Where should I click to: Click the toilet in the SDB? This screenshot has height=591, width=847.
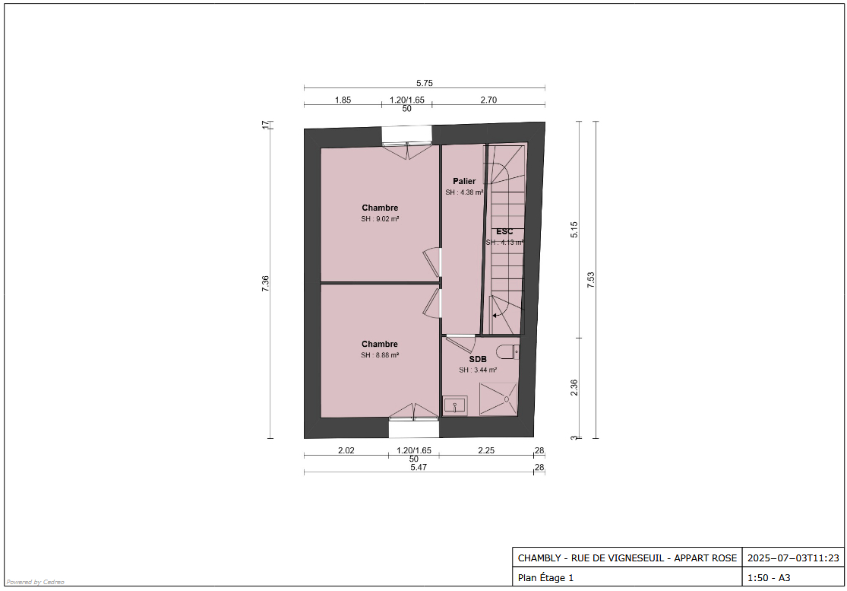pos(507,352)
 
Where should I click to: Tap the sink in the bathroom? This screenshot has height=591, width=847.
pos(455,405)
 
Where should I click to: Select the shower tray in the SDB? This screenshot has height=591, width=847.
pos(498,399)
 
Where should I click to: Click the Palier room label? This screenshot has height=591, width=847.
pos(465,181)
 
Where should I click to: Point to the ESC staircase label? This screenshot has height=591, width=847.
pos(504,231)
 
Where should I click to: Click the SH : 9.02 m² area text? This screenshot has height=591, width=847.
pos(381,219)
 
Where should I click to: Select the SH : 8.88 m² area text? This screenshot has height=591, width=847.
pos(381,355)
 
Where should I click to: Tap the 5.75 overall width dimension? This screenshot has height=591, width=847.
pos(425,83)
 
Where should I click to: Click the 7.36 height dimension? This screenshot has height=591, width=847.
pos(265,284)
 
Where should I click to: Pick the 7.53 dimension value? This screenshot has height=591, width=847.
pos(590,280)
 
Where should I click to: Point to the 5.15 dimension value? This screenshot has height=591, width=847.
pos(574,230)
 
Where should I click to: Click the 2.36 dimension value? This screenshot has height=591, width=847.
pos(574,388)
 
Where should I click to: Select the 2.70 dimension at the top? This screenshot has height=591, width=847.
pos(488,100)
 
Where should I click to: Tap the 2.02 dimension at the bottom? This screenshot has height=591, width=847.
pos(346,450)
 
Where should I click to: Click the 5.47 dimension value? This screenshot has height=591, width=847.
pos(419,467)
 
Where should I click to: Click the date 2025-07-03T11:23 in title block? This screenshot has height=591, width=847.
pos(794,558)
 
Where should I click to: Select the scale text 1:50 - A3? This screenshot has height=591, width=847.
pos(769,577)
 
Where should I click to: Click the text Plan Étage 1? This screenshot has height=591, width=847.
pos(545,577)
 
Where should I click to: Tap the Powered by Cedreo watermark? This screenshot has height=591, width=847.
pos(35,582)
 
